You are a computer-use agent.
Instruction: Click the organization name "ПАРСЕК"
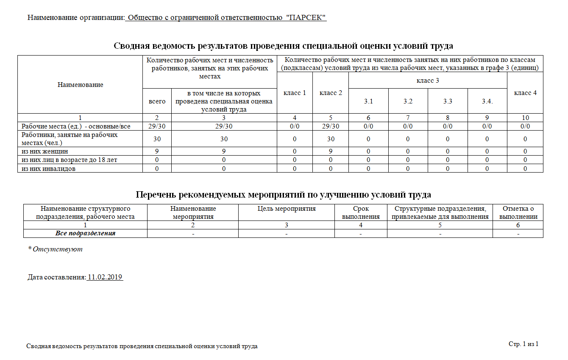[306, 18]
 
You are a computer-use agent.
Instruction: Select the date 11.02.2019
[105, 277]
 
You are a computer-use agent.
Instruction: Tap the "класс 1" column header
[295, 93]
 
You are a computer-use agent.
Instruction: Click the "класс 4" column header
[525, 93]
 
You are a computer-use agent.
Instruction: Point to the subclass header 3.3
[448, 101]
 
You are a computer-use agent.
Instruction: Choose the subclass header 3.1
[368, 101]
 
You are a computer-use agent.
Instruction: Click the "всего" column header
[157, 101]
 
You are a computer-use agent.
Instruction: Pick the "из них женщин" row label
[45, 151]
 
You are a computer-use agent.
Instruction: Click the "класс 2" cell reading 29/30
[331, 126]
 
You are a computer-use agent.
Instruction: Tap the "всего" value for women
[157, 151]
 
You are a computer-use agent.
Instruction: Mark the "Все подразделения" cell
[85, 233]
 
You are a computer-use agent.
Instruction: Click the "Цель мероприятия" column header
[287, 209]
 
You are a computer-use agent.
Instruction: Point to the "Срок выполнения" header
[361, 212]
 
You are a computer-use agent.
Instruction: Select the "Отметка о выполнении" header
[518, 212]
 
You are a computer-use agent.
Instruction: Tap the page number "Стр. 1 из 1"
[523, 344]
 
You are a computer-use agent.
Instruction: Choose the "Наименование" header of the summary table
[80, 85]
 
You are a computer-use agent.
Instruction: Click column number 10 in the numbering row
[525, 118]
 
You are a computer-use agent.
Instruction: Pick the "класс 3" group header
[428, 80]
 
